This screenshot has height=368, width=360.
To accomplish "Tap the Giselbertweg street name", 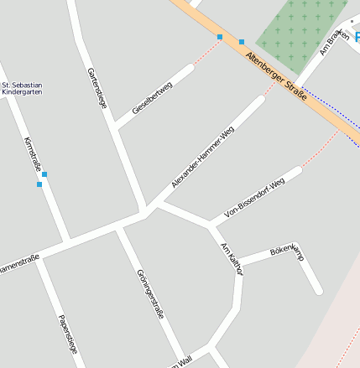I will tap(153, 99).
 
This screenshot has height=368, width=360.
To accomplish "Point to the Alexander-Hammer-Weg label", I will tap(202, 158).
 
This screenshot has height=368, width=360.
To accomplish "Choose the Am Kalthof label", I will tap(231, 257).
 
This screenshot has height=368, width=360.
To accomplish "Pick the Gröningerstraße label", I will tap(149, 294).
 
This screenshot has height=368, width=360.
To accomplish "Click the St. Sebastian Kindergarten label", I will tap(23, 88).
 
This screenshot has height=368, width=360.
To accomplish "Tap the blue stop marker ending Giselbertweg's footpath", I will tap(221, 37).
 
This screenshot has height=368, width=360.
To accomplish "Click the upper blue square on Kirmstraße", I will tap(44, 174).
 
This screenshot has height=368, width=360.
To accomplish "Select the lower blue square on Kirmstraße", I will tap(39, 184).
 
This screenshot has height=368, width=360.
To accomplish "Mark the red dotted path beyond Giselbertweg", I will tap(206, 52).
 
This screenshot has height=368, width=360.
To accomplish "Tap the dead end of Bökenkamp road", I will tap(319, 292).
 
